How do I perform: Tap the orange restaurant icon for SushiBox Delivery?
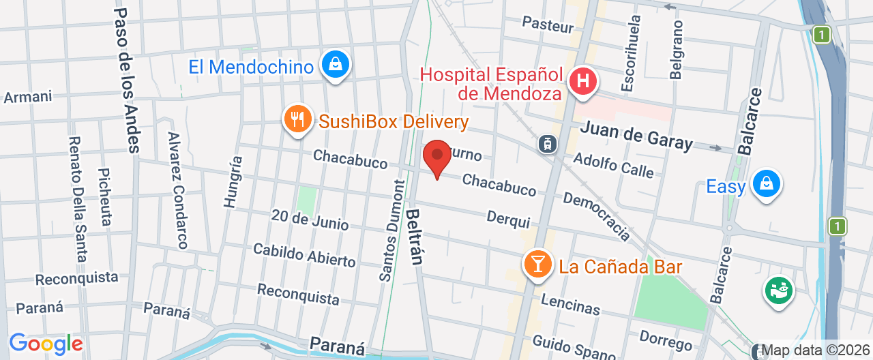[297, 119]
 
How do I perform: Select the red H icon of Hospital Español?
[583, 81]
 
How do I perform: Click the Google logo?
[45, 344]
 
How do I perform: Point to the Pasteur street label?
[548, 25]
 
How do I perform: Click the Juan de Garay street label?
[636, 135]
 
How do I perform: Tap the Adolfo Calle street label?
[613, 164]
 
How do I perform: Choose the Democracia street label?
[597, 216]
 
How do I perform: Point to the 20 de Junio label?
[310, 220]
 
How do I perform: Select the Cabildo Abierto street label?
[304, 255]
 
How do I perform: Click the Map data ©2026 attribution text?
[816, 350]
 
